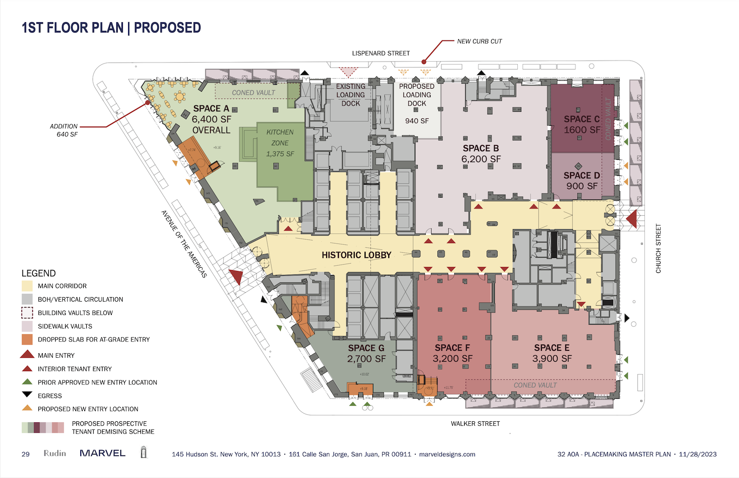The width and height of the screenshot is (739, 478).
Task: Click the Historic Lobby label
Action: [x=356, y=255]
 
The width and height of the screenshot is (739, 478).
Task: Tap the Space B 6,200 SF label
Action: [x=481, y=154]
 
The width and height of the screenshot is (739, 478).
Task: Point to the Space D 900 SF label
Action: [x=582, y=181]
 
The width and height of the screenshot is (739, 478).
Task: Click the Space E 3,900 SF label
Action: [x=552, y=353]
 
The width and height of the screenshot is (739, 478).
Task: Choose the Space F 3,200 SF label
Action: [x=452, y=353]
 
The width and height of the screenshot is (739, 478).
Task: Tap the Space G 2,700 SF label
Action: [x=366, y=353]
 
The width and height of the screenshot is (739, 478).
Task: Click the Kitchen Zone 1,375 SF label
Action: [x=280, y=143]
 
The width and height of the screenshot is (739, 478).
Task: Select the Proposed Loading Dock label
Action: [x=417, y=95]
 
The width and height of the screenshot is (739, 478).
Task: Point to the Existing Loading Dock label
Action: [x=351, y=95]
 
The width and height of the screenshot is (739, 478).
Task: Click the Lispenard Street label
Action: [x=381, y=53]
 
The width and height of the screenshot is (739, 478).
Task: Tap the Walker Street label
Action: [x=475, y=423]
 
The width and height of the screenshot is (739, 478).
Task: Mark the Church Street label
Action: [x=658, y=248]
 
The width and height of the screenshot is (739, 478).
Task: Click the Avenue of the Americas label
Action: [x=184, y=244]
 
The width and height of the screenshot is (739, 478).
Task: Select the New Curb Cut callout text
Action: [x=479, y=41]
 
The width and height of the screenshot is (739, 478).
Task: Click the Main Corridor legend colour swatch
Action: [x=27, y=286]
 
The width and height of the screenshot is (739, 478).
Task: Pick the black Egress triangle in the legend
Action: [x=27, y=395]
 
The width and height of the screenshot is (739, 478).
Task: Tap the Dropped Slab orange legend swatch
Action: [x=27, y=340]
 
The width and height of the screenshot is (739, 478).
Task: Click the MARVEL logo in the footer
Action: [x=102, y=453]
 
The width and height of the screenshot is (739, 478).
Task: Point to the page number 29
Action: [x=26, y=454]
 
